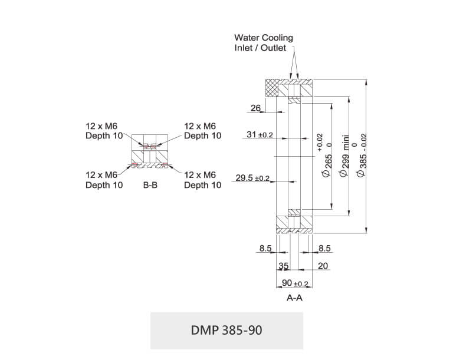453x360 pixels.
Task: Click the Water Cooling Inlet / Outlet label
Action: point(264,42)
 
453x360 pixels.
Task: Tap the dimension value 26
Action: point(255,107)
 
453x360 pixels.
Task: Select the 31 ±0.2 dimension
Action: point(259,135)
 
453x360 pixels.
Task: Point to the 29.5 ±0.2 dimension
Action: point(252,178)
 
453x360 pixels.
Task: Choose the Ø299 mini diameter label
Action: point(346,156)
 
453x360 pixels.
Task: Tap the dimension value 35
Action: point(283,266)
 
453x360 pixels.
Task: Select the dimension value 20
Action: point(323,266)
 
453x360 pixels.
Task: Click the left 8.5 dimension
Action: point(265,249)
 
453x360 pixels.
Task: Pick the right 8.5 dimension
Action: point(324,249)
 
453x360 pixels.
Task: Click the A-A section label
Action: point(294,298)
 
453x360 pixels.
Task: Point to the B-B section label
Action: point(150,185)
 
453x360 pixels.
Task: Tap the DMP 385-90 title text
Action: point(226,330)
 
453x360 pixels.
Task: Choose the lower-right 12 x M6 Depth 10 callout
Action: point(202,180)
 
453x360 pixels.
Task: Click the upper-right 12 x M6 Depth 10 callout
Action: point(202,131)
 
